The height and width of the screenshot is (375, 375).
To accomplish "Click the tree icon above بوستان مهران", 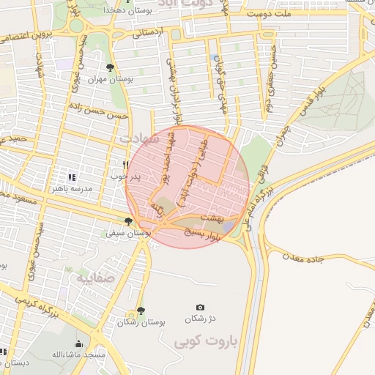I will tap(110, 68).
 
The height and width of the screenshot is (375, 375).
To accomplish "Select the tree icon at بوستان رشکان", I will tap(141, 311).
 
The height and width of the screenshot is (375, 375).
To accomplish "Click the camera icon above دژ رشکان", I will tap(200, 308).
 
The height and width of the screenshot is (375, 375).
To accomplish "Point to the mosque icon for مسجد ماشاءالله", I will tap(78, 344).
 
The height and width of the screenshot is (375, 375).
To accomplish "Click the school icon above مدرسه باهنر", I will tap(72, 177).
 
